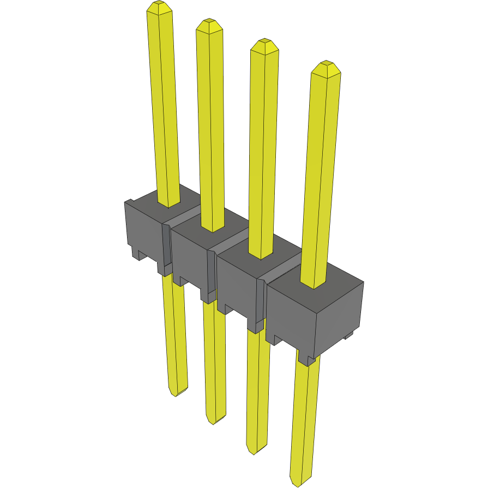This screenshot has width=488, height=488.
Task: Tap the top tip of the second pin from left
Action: (209, 23)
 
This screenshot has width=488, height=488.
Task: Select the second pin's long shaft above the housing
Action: (211, 125)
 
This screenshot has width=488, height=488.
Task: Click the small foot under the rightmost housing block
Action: (307, 359)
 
